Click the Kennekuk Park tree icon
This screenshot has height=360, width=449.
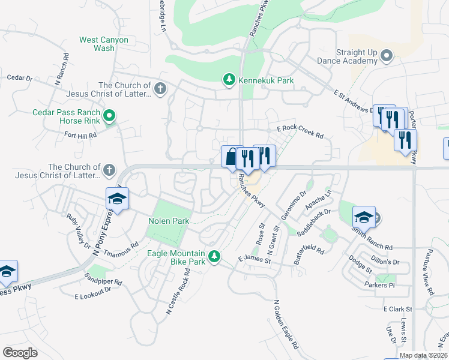point(229,79)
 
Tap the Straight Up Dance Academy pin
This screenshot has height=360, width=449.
point(386,57)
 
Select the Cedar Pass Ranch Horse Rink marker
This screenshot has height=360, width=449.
point(109,116)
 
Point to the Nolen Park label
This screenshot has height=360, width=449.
point(169,221)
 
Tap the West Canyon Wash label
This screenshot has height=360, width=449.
point(104,44)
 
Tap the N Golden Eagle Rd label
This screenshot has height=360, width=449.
point(285,325)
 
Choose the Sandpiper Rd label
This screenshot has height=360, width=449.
point(103,278)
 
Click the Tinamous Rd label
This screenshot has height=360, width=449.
point(122,248)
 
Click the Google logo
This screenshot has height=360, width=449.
point(20,352)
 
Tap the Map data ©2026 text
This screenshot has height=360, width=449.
point(423,355)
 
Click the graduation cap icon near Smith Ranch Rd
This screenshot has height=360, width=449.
point(363,217)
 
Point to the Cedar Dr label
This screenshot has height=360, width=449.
point(19,78)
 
